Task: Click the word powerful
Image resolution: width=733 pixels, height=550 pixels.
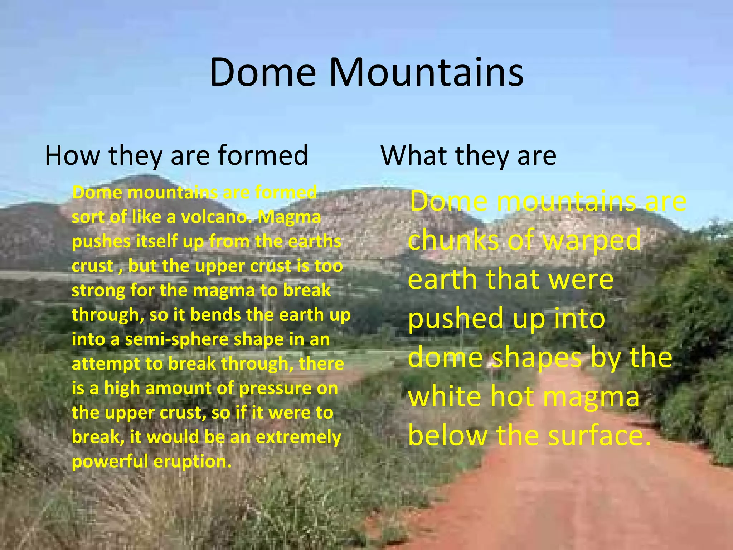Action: click(110, 462)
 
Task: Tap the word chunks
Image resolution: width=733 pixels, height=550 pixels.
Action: click(453, 240)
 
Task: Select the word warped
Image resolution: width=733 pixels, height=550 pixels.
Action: click(592, 240)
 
